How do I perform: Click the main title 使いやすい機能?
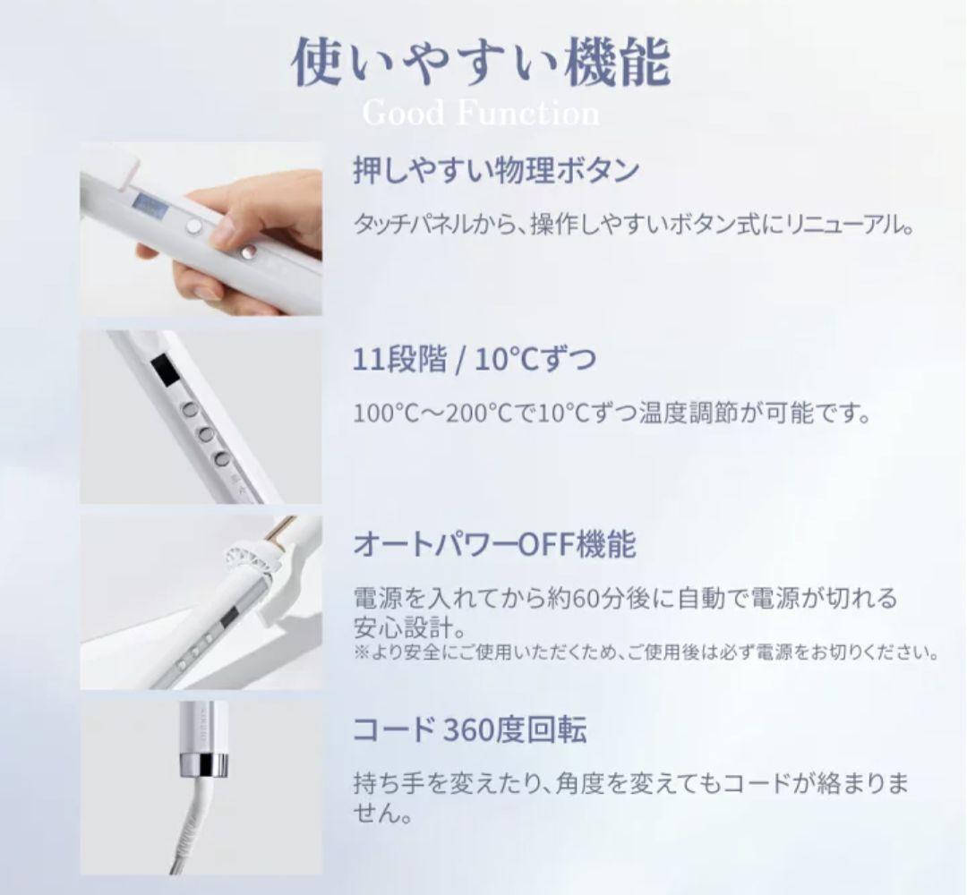coord(481,63)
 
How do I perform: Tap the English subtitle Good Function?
coord(481,114)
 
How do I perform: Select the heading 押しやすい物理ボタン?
coord(496,170)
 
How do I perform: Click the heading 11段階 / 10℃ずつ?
coord(475,360)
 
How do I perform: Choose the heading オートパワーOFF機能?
coord(494,545)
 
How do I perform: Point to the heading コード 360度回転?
coord(469,730)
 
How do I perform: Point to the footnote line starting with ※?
coord(646,652)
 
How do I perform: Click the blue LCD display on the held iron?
coord(148,203)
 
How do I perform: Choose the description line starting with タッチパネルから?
coord(633,226)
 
